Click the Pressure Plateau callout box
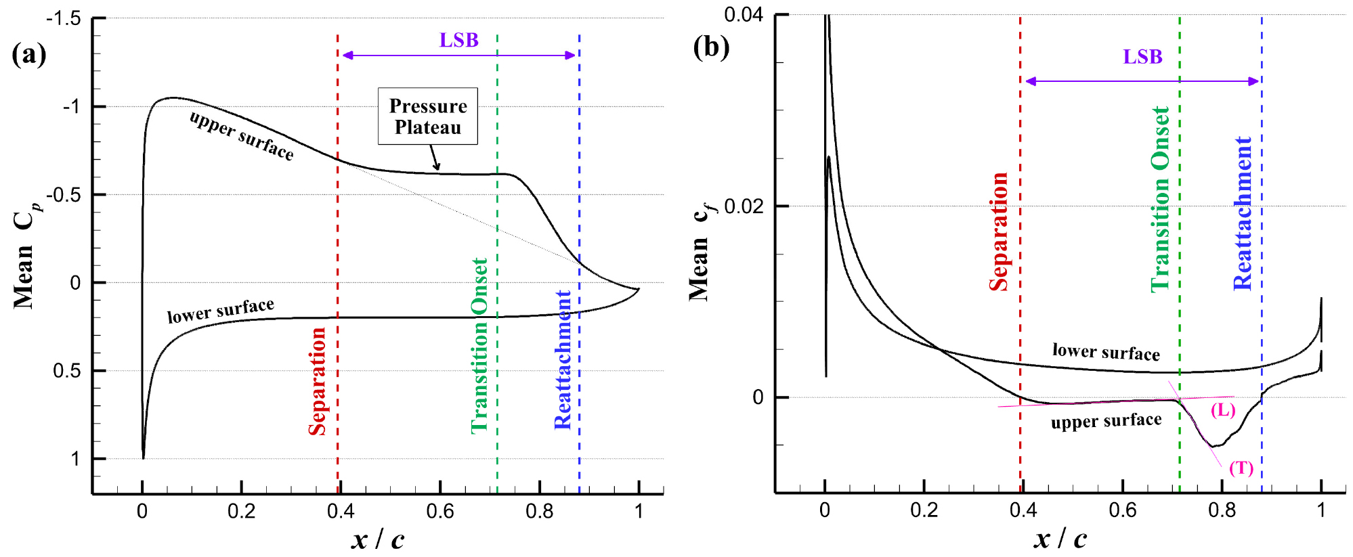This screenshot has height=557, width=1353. (427, 116)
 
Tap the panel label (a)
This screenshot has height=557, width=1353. (29, 54)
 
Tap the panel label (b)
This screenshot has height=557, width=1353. (710, 47)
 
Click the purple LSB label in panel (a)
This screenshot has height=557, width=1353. (458, 41)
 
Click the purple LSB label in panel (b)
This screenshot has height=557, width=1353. (1142, 57)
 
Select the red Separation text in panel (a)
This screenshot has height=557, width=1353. (317, 381)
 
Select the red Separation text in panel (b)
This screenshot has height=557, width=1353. (998, 231)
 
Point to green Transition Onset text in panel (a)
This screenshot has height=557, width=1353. (479, 345)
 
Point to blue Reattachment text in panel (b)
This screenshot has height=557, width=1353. (1243, 213)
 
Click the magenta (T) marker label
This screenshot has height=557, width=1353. (1241, 468)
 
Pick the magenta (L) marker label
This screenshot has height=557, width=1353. (1222, 410)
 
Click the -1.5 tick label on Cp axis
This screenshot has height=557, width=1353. (63, 19)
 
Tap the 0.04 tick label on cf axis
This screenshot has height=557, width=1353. (743, 14)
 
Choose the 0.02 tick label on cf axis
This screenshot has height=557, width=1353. (743, 206)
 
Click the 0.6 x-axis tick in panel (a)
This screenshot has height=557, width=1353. (440, 511)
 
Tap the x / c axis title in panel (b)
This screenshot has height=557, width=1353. (1060, 539)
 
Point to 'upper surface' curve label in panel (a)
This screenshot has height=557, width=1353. (241, 136)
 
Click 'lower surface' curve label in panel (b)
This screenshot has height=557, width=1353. (1105, 352)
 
